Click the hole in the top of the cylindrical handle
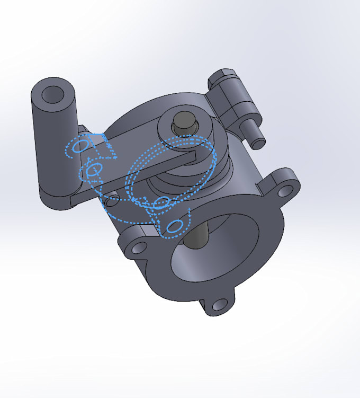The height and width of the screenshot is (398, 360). tap(52, 94)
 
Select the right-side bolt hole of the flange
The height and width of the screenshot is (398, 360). tap(286, 188)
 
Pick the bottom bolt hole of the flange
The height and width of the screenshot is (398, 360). tap(219, 305)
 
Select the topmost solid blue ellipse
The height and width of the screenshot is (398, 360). tap(81, 145)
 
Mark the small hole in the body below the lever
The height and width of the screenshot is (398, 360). tap(112, 200)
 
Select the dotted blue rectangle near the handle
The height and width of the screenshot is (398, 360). tap(104, 147)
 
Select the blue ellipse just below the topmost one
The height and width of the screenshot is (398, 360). tap(94, 170)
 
